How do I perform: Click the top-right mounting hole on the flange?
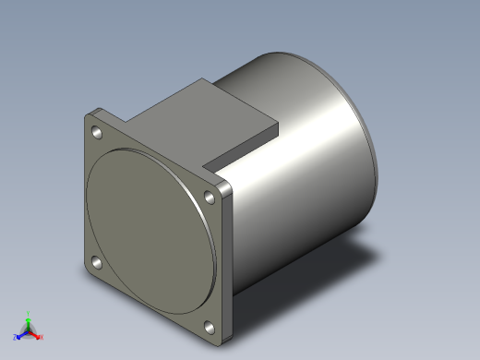207,196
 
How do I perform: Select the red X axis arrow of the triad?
36,334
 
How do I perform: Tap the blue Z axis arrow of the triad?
21,334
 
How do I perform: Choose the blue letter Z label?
15,338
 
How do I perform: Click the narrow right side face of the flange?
228,263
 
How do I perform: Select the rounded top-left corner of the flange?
89,118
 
